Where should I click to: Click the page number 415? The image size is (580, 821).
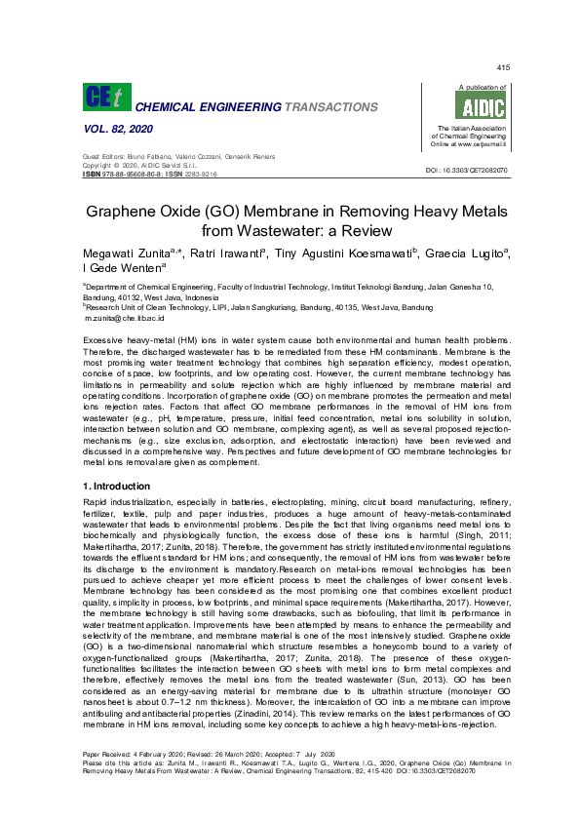[503, 67]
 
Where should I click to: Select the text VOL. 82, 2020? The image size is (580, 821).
[115, 129]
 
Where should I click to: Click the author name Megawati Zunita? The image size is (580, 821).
[124, 254]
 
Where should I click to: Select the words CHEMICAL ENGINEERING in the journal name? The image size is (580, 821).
[198, 105]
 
